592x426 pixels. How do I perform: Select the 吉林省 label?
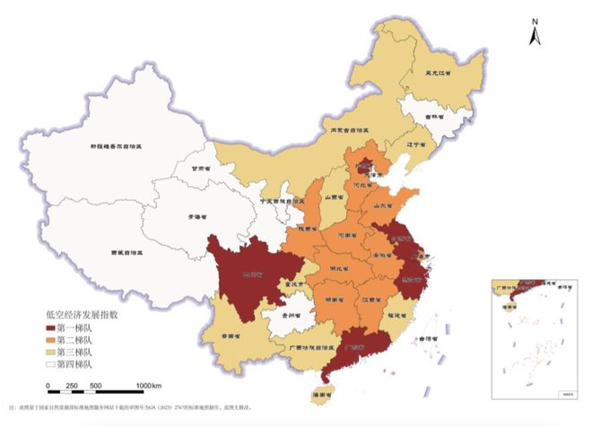[x=434, y=117]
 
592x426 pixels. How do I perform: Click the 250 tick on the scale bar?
[x=73, y=386]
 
